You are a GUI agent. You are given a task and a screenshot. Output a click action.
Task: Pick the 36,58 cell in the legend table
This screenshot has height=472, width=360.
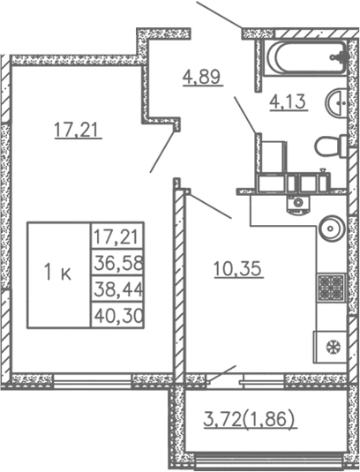pos(118,264)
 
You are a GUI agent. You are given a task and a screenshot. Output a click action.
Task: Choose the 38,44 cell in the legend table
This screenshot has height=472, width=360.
pos(118,288)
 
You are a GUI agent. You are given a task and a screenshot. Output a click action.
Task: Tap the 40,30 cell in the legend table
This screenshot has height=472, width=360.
pos(118,314)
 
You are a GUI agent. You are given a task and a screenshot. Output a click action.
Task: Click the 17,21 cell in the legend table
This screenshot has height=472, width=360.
pos(118,237)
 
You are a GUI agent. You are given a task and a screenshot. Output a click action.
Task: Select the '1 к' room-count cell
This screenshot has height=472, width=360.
pos(58,274)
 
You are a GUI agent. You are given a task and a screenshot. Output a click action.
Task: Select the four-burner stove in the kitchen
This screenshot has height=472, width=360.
pos(331,287)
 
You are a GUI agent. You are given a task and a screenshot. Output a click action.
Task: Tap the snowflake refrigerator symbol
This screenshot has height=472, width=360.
pos(332,346)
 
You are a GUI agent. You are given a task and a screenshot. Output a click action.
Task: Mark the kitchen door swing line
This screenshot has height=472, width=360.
pos(209,205)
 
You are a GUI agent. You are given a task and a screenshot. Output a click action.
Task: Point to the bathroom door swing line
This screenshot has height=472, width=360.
pos(246,115)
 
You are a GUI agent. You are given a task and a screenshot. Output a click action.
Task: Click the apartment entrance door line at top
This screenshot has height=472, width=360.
pos(219,15)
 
